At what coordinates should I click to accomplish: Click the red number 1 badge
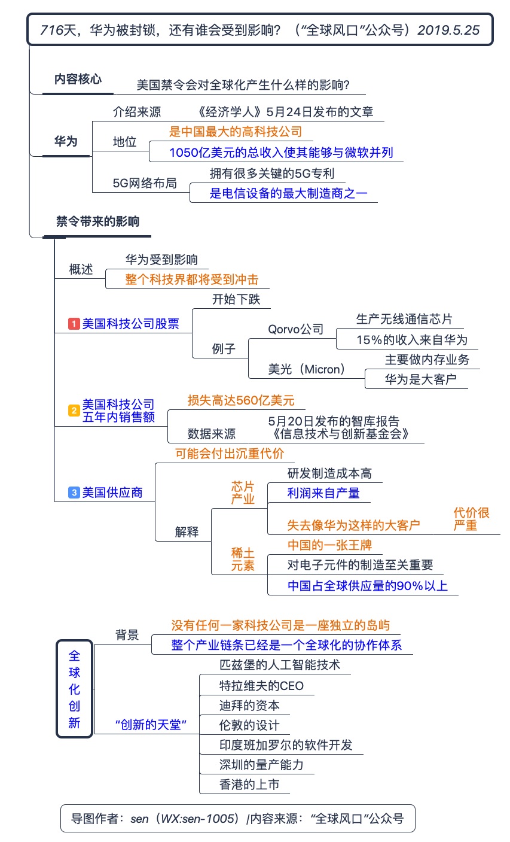point(74,324)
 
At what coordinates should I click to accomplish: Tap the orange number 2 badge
point(74,411)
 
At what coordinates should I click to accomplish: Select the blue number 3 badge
point(74,493)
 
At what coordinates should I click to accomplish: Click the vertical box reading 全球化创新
point(74,689)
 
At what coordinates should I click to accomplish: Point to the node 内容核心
point(78,79)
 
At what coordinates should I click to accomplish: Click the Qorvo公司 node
point(295,329)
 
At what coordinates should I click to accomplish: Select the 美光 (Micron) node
point(307,369)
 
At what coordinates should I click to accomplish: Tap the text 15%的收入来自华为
point(412,340)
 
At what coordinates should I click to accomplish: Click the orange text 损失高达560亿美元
point(241,400)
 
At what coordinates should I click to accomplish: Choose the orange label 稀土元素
point(243,559)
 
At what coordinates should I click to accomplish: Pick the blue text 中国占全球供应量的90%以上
point(367,586)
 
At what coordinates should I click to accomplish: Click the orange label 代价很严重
point(471,519)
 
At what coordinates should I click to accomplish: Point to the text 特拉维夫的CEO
point(261,686)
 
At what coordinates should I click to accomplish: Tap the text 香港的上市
point(249,784)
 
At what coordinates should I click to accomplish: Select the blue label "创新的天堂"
point(151,724)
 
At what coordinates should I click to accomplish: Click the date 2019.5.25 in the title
point(448,30)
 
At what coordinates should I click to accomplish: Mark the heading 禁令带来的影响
point(97,221)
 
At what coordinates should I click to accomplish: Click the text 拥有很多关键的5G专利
point(272,174)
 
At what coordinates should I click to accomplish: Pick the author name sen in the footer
point(139,818)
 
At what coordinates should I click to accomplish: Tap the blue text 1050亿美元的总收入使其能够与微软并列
point(281,152)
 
